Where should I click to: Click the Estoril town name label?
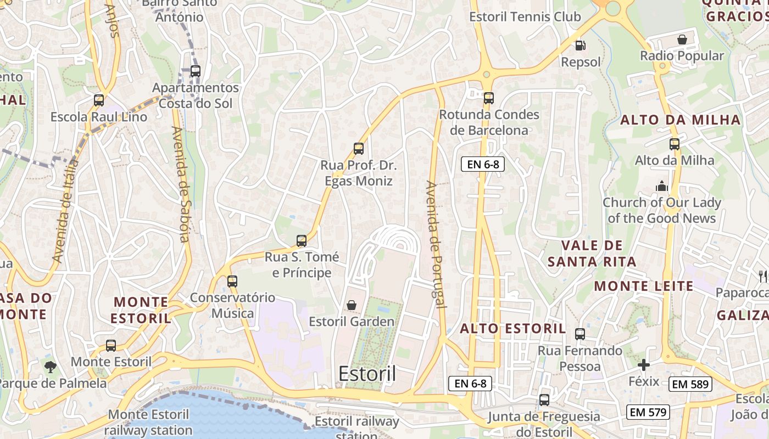pyautogui.click(x=367, y=374)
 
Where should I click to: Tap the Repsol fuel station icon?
pyautogui.click(x=579, y=46)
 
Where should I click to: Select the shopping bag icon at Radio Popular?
pyautogui.click(x=682, y=40)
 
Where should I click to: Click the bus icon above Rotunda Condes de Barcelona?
pyautogui.click(x=488, y=98)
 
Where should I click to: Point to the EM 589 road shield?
pyautogui.click(x=690, y=384)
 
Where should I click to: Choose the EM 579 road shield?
pyautogui.click(x=648, y=412)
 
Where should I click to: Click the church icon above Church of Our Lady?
pyautogui.click(x=661, y=187)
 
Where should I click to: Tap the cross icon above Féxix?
pyautogui.click(x=643, y=365)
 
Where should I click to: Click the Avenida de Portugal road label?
pyautogui.click(x=435, y=244)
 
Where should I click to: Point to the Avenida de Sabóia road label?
pyautogui.click(x=181, y=184)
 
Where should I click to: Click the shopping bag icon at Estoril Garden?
pyautogui.click(x=351, y=305)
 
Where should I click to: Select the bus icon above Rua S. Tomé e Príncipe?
pyautogui.click(x=301, y=240)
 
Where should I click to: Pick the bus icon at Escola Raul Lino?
pyautogui.click(x=99, y=100)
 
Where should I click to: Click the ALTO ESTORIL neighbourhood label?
pyautogui.click(x=512, y=329)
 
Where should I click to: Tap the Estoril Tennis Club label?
pyautogui.click(x=525, y=17)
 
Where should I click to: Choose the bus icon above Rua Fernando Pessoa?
pyautogui.click(x=579, y=334)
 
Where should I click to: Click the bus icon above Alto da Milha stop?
pyautogui.click(x=674, y=144)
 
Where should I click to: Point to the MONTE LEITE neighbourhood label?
pyautogui.click(x=643, y=286)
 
